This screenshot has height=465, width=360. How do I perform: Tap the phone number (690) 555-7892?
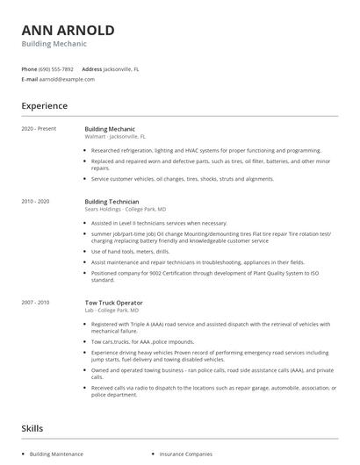click(56, 68)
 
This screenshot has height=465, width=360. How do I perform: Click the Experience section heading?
click(44, 106)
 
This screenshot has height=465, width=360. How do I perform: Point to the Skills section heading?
click(33, 428)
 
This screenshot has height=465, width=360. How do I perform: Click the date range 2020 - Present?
click(38, 129)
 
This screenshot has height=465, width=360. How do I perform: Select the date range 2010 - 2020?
click(35, 201)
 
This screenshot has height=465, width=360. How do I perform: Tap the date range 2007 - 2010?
click(35, 302)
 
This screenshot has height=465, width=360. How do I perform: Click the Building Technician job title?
click(112, 201)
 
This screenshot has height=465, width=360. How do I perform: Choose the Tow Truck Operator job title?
click(113, 302)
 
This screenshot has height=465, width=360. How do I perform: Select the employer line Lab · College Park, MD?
click(113, 310)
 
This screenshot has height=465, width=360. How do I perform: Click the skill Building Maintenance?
click(56, 454)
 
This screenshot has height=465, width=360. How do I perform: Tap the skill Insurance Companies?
click(185, 454)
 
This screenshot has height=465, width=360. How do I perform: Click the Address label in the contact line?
click(91, 68)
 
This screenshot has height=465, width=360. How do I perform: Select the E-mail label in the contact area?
click(29, 79)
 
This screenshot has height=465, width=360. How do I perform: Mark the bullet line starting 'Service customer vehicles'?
click(170, 178)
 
